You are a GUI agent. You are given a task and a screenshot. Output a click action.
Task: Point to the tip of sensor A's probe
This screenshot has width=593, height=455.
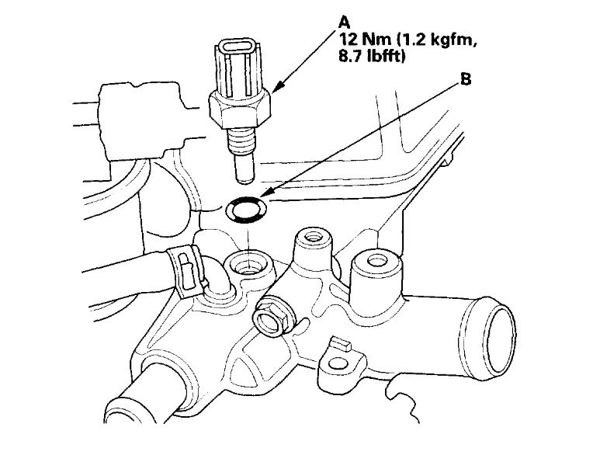coord(243,176)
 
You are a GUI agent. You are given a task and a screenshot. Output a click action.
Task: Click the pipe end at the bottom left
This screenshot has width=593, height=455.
coord(124,423)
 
